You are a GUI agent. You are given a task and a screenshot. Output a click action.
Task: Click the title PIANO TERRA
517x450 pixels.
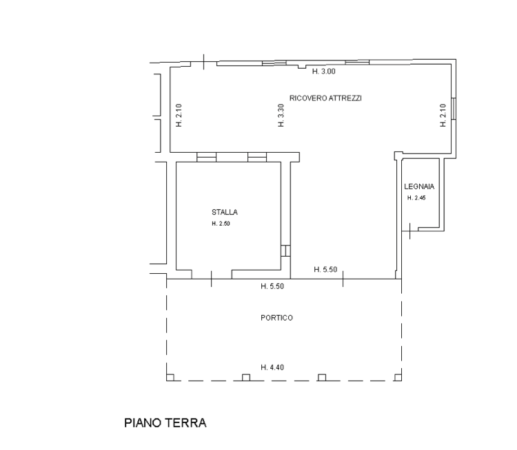point(165,423)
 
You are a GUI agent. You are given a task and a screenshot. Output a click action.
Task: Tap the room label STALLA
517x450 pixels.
point(225,212)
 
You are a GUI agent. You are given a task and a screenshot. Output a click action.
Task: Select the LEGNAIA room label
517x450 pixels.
point(419,186)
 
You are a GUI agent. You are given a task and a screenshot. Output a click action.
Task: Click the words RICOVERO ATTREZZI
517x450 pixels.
point(325,98)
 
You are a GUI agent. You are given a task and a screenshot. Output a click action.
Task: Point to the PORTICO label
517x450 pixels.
point(276,318)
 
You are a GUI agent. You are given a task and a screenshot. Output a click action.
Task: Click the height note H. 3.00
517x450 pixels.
point(324,71)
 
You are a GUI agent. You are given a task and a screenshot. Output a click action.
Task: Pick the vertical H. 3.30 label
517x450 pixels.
point(281,115)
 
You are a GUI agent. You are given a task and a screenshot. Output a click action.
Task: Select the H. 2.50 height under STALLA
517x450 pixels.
point(221,224)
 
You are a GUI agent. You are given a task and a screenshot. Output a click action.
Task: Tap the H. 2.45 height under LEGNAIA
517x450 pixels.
point(416,198)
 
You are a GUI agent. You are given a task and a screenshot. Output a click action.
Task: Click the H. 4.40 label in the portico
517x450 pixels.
point(272,367)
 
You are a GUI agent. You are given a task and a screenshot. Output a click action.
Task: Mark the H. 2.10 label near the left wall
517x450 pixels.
point(179,115)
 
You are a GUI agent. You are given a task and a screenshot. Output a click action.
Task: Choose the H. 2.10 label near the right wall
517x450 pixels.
point(443,115)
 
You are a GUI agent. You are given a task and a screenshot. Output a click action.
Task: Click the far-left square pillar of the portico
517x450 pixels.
point(170,378)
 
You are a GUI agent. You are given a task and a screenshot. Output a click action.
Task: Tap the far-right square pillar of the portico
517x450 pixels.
point(398,378)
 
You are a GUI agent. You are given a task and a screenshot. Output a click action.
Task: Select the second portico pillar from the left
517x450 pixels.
point(246,378)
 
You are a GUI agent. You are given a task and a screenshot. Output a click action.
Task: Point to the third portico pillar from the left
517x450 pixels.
point(322,378)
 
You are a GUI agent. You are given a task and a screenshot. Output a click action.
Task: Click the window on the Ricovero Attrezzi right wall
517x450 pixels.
point(454,109)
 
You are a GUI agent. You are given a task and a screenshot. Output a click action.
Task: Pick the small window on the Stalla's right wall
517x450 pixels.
point(285,251)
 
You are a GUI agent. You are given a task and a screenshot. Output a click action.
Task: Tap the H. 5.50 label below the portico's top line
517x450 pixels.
point(272,286)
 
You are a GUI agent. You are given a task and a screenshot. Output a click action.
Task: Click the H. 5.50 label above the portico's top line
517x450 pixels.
point(325,270)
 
